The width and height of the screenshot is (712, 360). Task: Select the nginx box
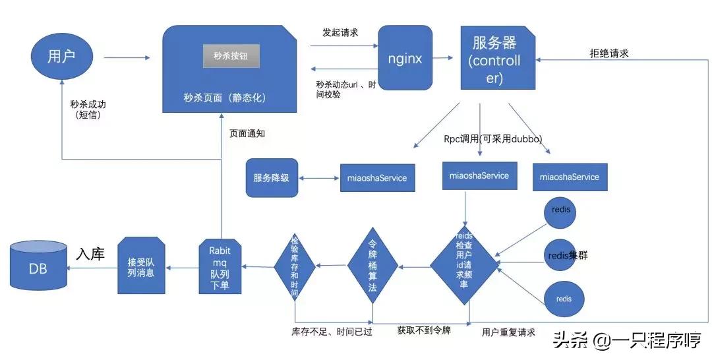[405, 58]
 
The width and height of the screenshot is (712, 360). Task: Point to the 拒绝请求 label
[608, 53]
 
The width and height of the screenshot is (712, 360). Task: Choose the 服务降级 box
[272, 177]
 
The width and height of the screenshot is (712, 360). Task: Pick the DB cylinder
[39, 268]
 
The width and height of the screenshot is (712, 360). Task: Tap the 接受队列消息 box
[140, 267]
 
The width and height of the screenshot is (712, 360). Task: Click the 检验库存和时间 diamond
[294, 266]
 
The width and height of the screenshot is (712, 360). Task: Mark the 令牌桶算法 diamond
[372, 267]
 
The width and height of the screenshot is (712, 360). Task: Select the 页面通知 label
[247, 133]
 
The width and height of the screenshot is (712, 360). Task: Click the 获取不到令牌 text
[424, 330]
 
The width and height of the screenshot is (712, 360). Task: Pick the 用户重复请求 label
[508, 332]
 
